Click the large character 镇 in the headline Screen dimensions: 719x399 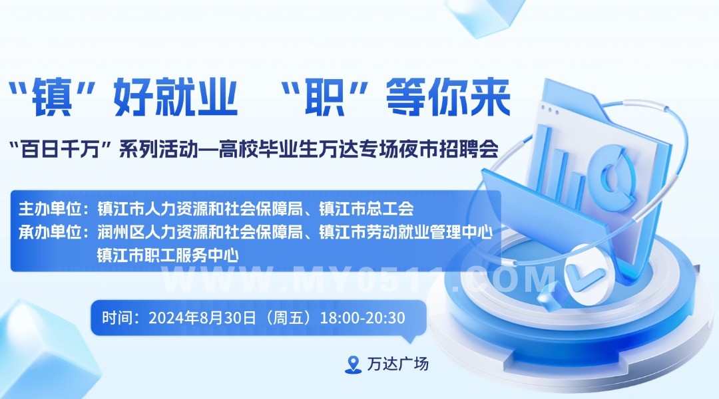pos(53,96)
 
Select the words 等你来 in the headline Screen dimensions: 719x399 pos(448,96)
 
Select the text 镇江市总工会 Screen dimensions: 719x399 pos(366,208)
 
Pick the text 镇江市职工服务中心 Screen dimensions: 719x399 pos(168,255)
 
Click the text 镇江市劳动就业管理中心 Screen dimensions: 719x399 pos(406,232)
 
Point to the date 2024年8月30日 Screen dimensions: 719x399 pos(202,317)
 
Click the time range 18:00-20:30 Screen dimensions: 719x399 pos(362,317)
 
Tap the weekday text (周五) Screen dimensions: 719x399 pos(288,317)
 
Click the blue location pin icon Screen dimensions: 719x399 pos(353,364)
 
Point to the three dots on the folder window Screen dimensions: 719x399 pos(550,110)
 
